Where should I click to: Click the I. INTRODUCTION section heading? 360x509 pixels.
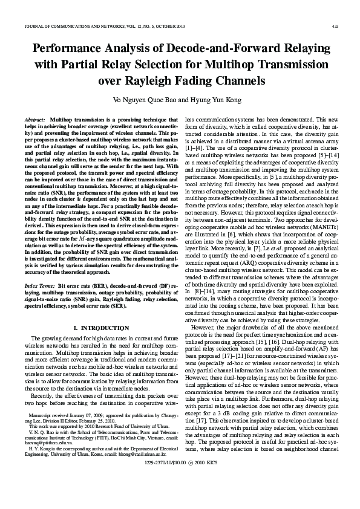[94, 328]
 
